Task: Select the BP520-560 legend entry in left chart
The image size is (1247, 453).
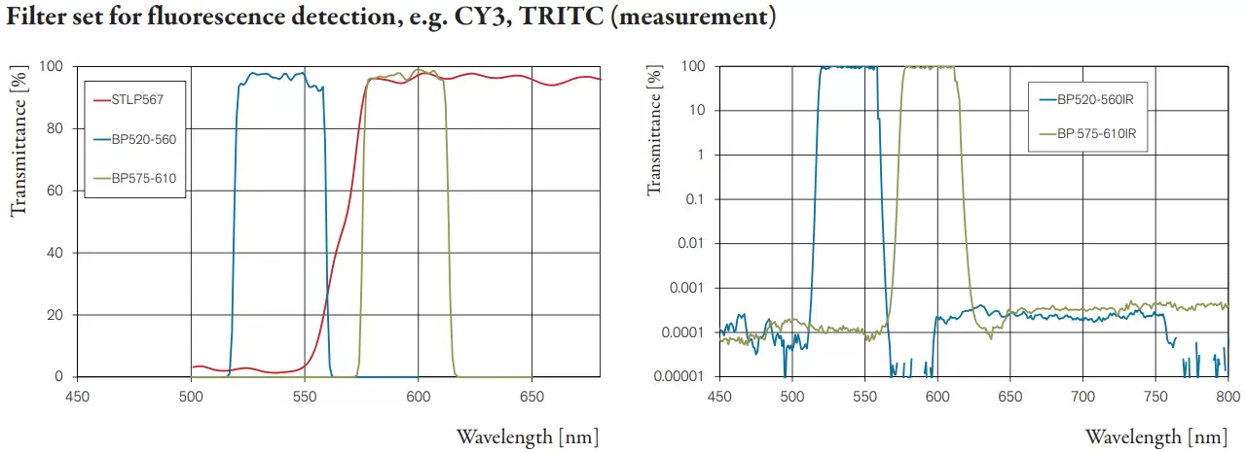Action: (x=143, y=139)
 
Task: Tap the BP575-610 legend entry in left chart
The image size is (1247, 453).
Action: (x=143, y=178)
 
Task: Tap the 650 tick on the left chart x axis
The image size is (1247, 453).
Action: (x=532, y=395)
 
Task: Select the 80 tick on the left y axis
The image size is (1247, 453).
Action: (x=57, y=129)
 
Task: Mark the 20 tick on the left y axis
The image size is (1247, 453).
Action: (x=57, y=315)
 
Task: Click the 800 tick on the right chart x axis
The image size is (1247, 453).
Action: (x=1228, y=395)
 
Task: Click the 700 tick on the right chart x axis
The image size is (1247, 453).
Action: (x=1082, y=395)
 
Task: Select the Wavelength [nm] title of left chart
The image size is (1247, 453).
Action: (x=527, y=436)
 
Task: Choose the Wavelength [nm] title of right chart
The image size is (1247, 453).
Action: (x=1156, y=436)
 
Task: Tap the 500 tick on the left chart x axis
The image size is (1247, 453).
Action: (x=191, y=395)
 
